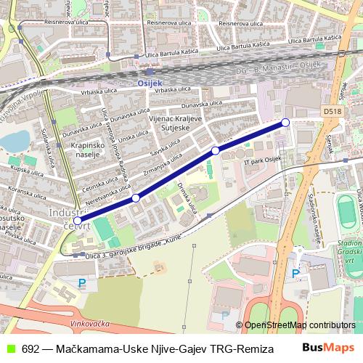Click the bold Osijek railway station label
[x=150, y=83]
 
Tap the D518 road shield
[x=332, y=112]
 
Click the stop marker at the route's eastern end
[x=285, y=122]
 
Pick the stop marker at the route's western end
[x=78, y=219]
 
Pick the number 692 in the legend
[x=30, y=348]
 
